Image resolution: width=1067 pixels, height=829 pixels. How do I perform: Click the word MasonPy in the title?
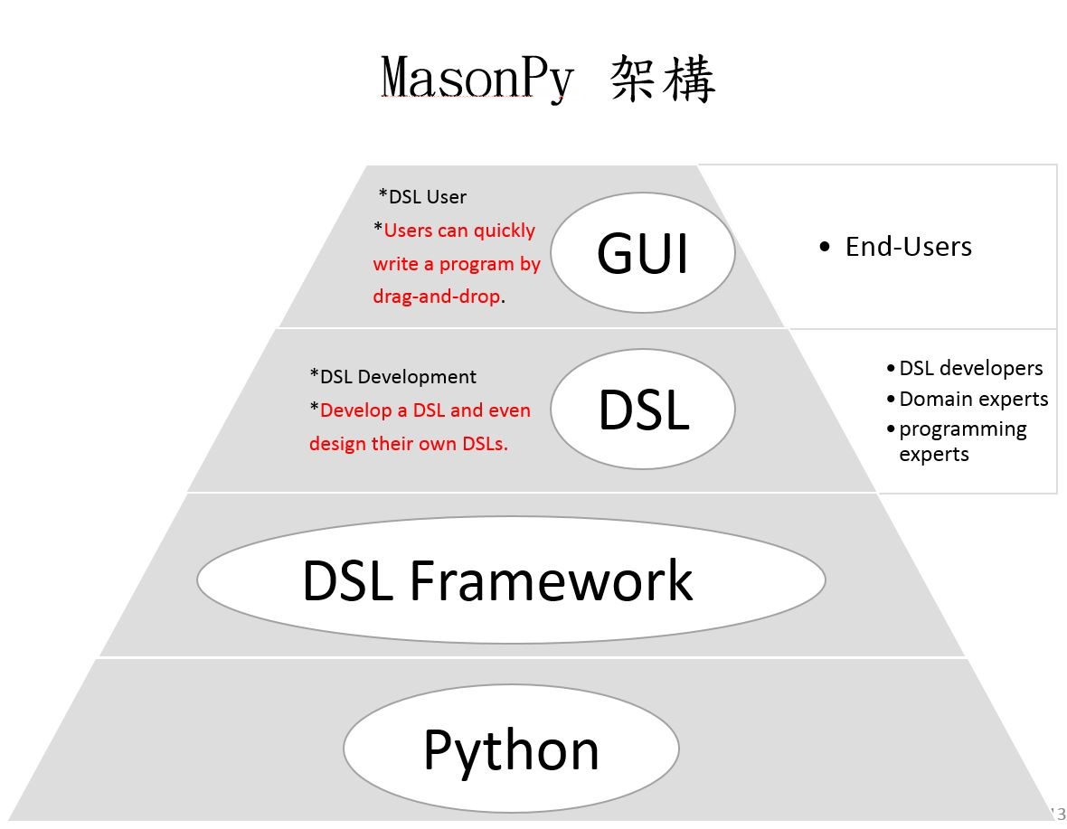[x=477, y=78]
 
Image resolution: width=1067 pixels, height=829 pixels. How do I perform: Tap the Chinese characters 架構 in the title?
[x=663, y=78]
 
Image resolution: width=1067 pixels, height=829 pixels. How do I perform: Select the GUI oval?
[x=642, y=253]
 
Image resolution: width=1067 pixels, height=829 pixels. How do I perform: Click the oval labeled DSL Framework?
[x=511, y=579]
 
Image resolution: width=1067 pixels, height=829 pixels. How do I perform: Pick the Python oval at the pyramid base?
[x=511, y=749]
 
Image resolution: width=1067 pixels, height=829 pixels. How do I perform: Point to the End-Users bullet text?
[x=908, y=247]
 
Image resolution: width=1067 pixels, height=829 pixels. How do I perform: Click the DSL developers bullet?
[x=970, y=368]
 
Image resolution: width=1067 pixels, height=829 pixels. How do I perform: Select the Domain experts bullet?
[x=973, y=399]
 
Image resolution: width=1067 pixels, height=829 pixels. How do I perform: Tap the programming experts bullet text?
[x=962, y=441]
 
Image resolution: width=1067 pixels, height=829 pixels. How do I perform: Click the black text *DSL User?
[x=422, y=196]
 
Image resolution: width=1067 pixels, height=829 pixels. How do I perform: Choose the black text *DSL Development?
[x=392, y=376]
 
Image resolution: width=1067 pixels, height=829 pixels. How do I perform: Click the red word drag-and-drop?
[x=436, y=297]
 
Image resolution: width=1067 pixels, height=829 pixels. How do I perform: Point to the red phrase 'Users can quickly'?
[x=459, y=231]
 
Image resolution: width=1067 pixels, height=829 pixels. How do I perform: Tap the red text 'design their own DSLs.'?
[x=408, y=444]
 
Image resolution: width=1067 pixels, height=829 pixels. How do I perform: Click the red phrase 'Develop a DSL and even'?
[x=425, y=410]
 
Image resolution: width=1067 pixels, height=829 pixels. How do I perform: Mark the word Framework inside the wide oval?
[x=551, y=579]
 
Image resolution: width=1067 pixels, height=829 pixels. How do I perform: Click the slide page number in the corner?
[x=1057, y=812]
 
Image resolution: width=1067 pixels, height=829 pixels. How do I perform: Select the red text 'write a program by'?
[x=457, y=264]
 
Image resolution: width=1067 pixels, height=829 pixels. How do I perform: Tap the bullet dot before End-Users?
[x=824, y=247]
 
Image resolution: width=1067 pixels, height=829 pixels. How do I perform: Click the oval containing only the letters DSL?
[x=642, y=410]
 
